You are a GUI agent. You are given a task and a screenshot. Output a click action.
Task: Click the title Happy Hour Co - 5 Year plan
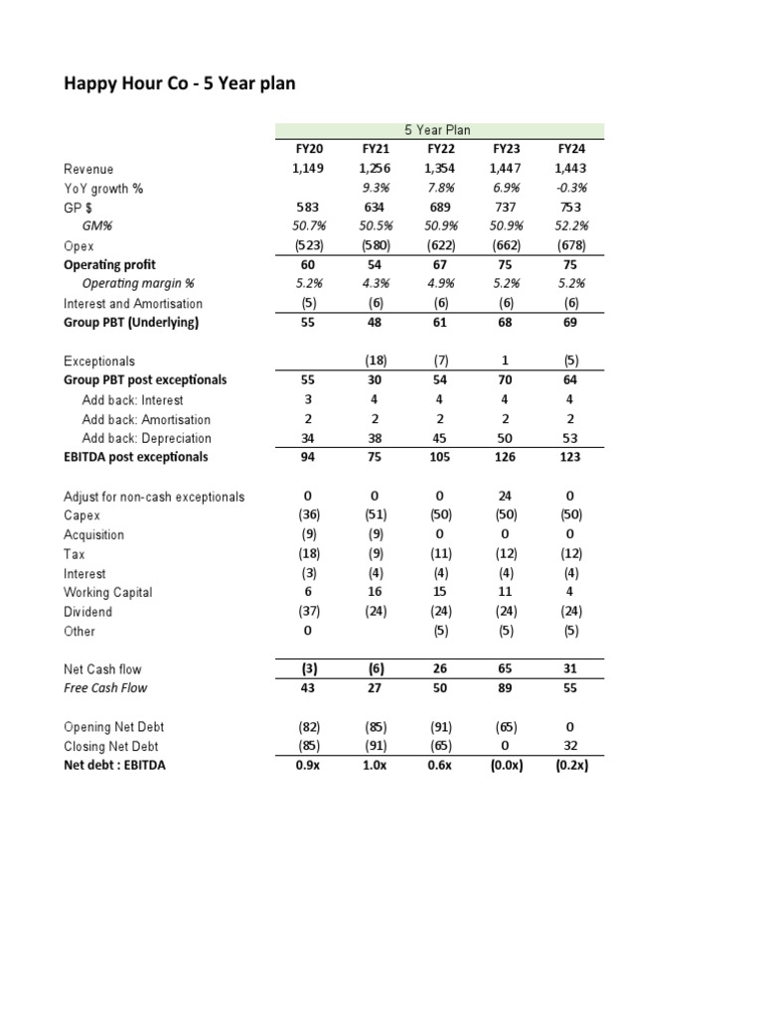click(180, 84)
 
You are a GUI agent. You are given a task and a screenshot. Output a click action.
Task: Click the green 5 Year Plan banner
click(437, 130)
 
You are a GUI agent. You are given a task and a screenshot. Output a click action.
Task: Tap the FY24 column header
click(571, 149)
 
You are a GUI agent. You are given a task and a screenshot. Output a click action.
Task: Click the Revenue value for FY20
click(309, 169)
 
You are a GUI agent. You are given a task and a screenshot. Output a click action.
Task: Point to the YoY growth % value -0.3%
click(571, 188)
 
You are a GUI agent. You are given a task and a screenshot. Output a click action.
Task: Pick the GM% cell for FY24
click(571, 226)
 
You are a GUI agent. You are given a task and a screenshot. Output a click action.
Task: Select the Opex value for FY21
click(375, 245)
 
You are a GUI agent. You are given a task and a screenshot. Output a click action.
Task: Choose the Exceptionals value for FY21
click(375, 362)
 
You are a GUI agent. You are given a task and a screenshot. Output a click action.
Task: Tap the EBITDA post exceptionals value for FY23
click(506, 458)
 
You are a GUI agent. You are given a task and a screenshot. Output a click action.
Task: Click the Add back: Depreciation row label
click(146, 438)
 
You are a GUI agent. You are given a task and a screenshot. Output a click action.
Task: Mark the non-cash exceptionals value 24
click(506, 497)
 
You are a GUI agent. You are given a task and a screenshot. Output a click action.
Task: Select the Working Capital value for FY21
click(375, 593)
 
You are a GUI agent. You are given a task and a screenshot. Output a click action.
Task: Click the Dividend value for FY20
click(309, 612)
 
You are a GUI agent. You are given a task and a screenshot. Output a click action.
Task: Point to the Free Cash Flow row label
click(105, 688)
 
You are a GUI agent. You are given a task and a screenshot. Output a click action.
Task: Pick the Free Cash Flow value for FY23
click(506, 688)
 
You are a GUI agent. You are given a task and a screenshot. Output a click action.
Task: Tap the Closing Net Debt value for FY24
click(571, 746)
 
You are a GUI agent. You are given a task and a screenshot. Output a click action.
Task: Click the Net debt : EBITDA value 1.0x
click(375, 766)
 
